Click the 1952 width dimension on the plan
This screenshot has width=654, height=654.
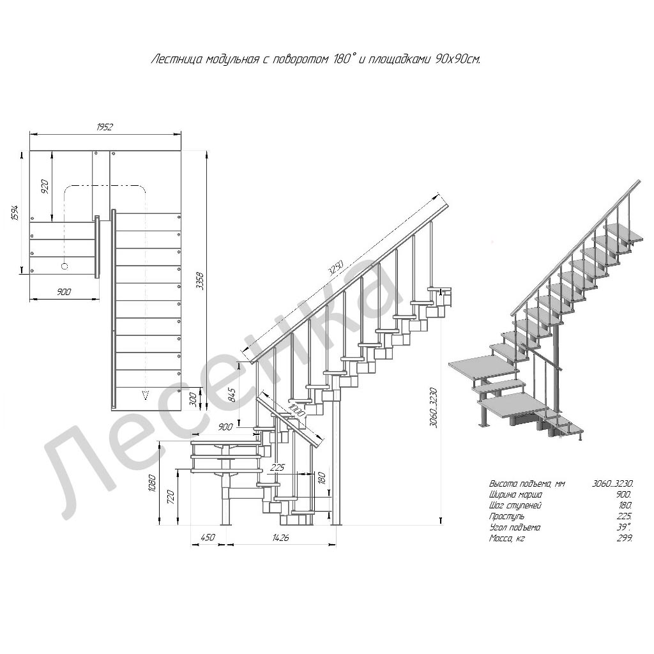[105, 127]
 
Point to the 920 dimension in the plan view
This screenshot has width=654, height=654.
[45, 186]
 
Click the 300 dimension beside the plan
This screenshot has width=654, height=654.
[193, 400]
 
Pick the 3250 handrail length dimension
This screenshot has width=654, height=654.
[336, 268]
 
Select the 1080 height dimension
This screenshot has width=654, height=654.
[152, 483]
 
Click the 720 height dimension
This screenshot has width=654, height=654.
[170, 497]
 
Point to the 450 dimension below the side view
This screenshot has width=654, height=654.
[208, 536]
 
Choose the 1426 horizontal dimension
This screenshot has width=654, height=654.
[280, 537]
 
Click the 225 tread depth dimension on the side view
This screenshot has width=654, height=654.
[277, 468]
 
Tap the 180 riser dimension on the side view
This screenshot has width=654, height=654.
[321, 478]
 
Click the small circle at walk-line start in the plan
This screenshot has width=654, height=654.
[65, 266]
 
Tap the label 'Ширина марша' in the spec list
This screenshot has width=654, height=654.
[515, 495]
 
